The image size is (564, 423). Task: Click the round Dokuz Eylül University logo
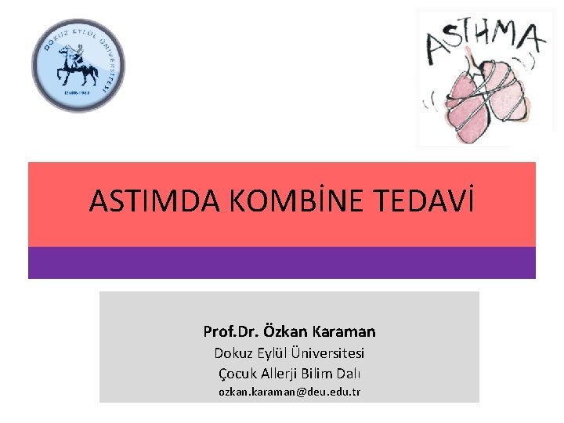pos(78,65)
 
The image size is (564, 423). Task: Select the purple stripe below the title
pos(282,263)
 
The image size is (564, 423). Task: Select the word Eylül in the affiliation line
pos(272,353)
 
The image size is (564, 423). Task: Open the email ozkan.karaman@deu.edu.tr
pos(289,391)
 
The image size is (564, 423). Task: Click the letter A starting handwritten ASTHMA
pos(437,47)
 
